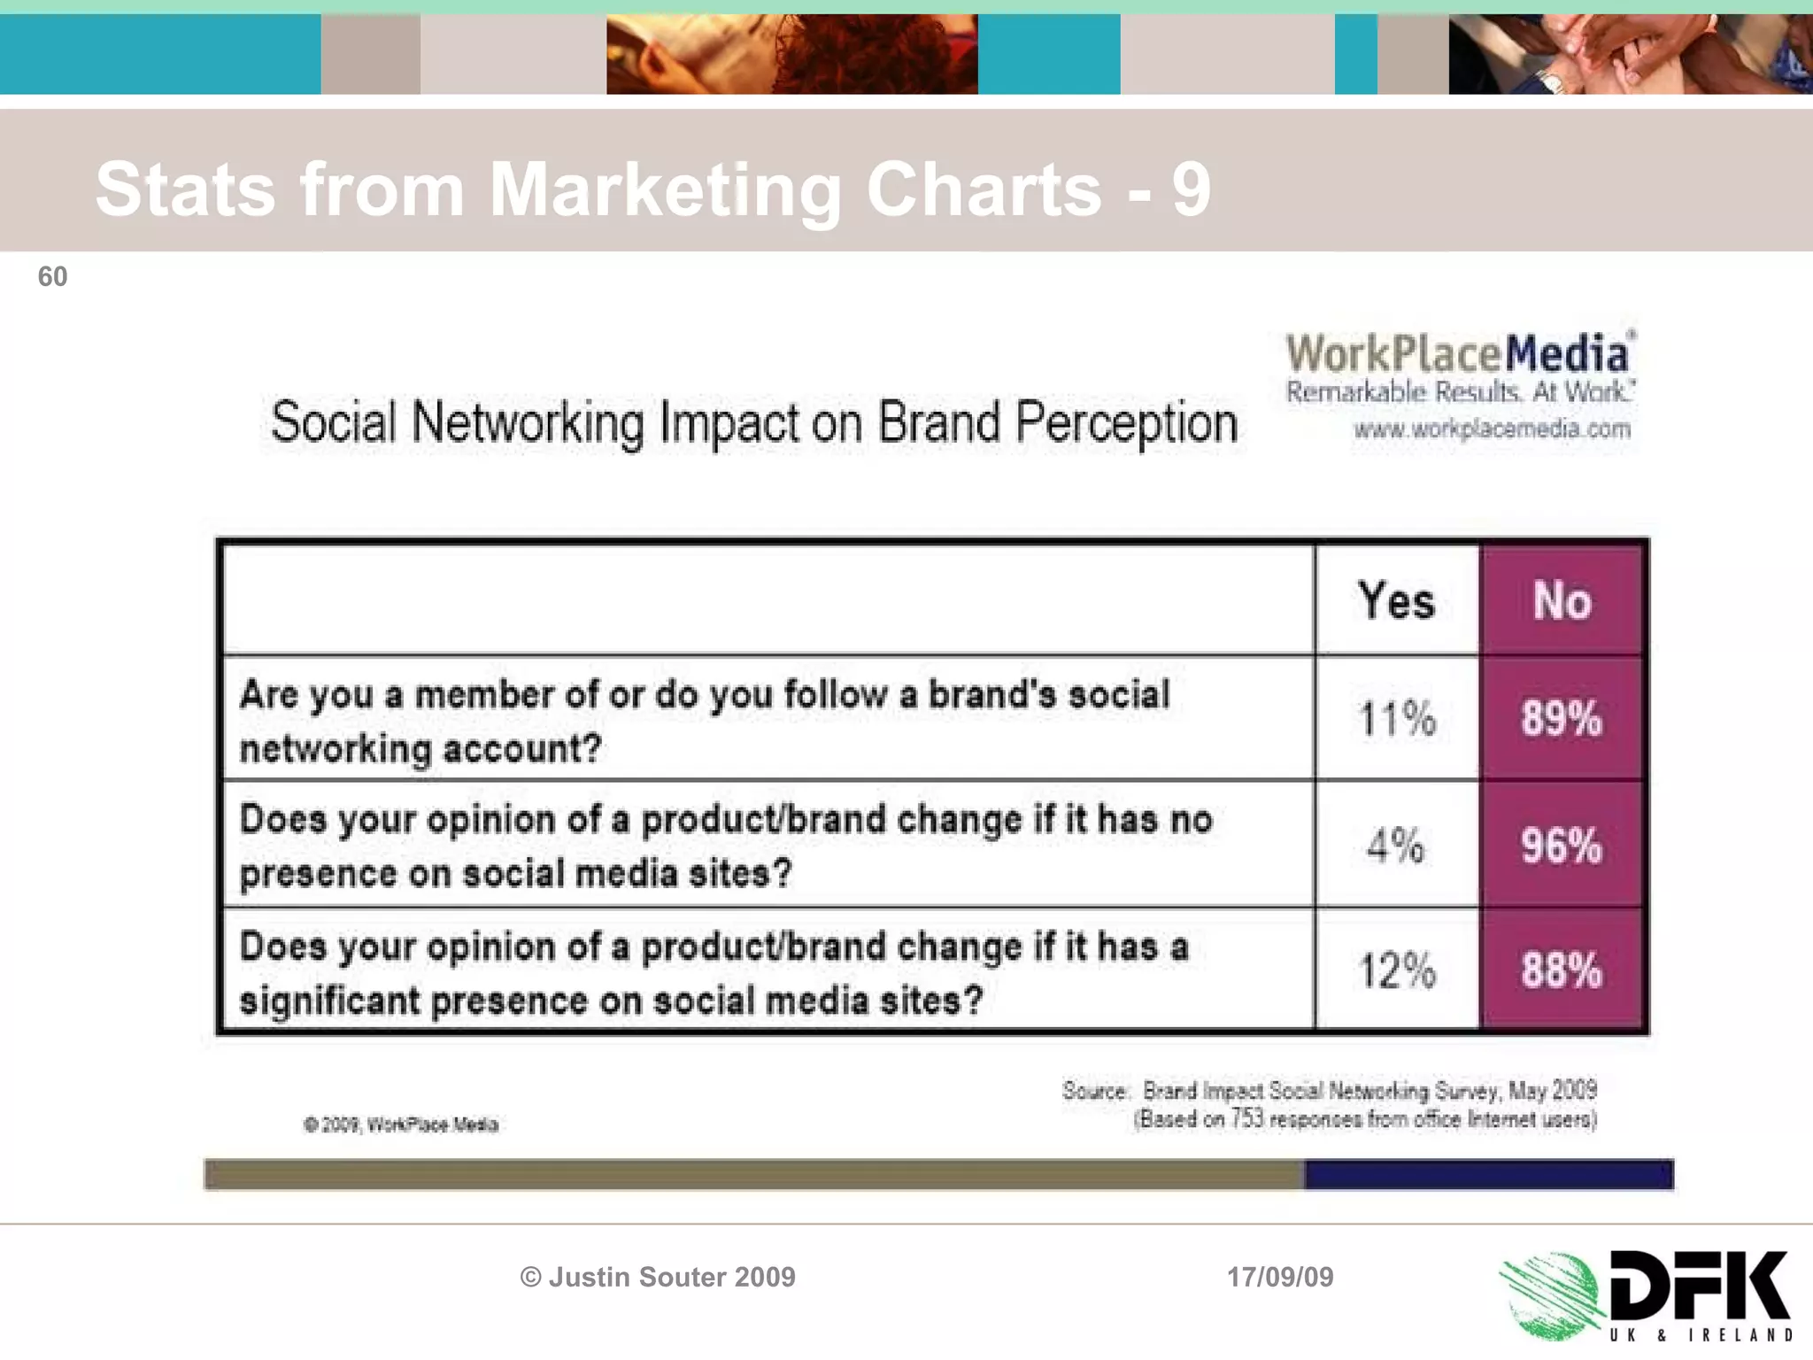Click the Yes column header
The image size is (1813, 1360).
pyautogui.click(x=1396, y=601)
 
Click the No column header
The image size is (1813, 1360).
pyautogui.click(x=1562, y=601)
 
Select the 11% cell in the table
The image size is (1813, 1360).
pyautogui.click(x=1396, y=718)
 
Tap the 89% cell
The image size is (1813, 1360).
pyautogui.click(x=1562, y=718)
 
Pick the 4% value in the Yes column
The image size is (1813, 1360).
pyautogui.click(x=1395, y=846)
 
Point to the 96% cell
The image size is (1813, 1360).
pyautogui.click(x=1562, y=846)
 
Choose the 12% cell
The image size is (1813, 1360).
pyautogui.click(x=1396, y=971)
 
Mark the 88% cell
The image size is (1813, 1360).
pyautogui.click(x=1562, y=971)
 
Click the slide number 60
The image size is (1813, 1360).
pyautogui.click(x=52, y=277)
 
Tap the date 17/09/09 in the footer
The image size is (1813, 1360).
pyautogui.click(x=1280, y=1277)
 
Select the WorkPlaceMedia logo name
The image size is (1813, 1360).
pyautogui.click(x=1458, y=354)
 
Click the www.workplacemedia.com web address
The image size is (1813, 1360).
pyautogui.click(x=1492, y=430)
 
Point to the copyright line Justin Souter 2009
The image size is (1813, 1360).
pyautogui.click(x=658, y=1277)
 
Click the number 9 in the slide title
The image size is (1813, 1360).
pyautogui.click(x=1192, y=189)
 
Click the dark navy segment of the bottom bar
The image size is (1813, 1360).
pyautogui.click(x=1488, y=1175)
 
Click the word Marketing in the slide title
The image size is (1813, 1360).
pyautogui.click(x=665, y=189)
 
